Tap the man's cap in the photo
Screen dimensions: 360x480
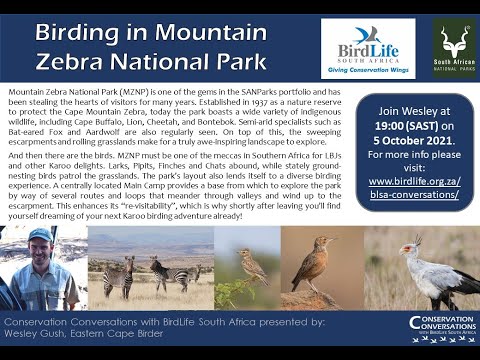click(41, 236)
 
